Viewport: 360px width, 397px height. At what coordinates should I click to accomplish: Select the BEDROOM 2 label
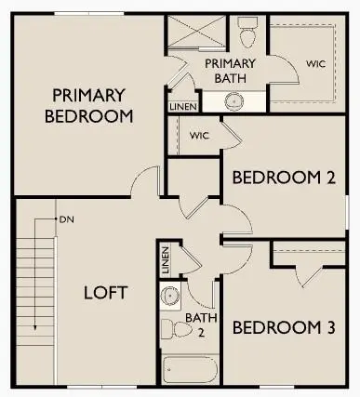[x=283, y=178]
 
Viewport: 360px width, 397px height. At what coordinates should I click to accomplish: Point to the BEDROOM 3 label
[x=283, y=327]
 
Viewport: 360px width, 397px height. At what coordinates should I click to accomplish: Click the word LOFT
[x=105, y=292]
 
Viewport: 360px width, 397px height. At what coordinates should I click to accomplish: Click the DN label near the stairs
[x=66, y=220]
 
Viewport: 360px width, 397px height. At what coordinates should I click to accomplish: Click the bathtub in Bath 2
[x=190, y=369]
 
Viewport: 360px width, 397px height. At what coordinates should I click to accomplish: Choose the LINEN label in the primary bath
[x=182, y=107]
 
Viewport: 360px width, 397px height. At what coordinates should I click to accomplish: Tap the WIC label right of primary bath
[x=315, y=64]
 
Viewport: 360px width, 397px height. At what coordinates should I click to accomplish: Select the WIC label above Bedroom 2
[x=199, y=135]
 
